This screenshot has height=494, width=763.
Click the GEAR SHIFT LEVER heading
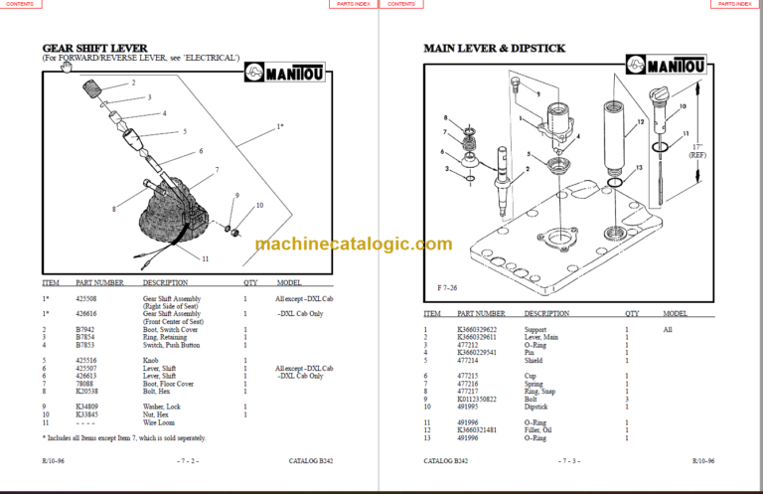(x=94, y=48)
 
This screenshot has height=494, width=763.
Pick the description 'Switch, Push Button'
(x=171, y=345)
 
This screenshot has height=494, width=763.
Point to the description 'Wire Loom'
(x=160, y=423)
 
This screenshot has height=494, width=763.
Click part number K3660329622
(x=482, y=329)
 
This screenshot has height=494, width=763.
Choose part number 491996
(x=473, y=422)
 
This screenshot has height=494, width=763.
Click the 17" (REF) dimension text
(x=699, y=150)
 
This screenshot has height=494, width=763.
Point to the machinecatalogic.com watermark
(x=353, y=245)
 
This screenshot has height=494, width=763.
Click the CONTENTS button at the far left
(x=21, y=5)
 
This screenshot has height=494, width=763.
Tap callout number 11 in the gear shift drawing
(x=206, y=258)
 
